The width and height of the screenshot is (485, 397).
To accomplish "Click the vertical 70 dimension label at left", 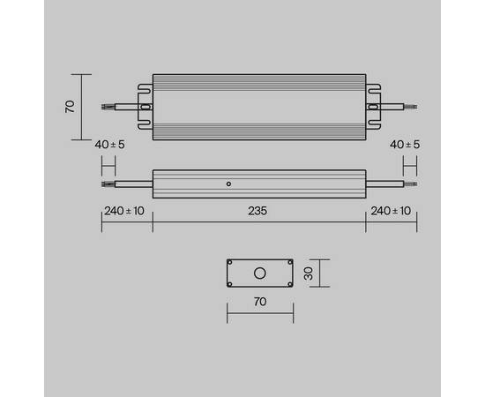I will [70, 106].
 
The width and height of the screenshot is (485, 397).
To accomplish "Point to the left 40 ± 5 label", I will [109, 144].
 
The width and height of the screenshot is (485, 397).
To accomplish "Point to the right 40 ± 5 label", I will [404, 144].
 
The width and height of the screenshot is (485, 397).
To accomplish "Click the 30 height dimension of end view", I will [309, 273].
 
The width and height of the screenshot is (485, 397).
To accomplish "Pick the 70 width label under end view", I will [259, 302].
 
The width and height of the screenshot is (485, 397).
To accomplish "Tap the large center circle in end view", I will [260, 273].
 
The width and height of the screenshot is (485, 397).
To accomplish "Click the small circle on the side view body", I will [228, 184].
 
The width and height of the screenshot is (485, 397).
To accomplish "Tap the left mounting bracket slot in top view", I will [146, 106].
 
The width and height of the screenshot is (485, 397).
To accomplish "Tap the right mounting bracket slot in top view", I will [372, 106].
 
